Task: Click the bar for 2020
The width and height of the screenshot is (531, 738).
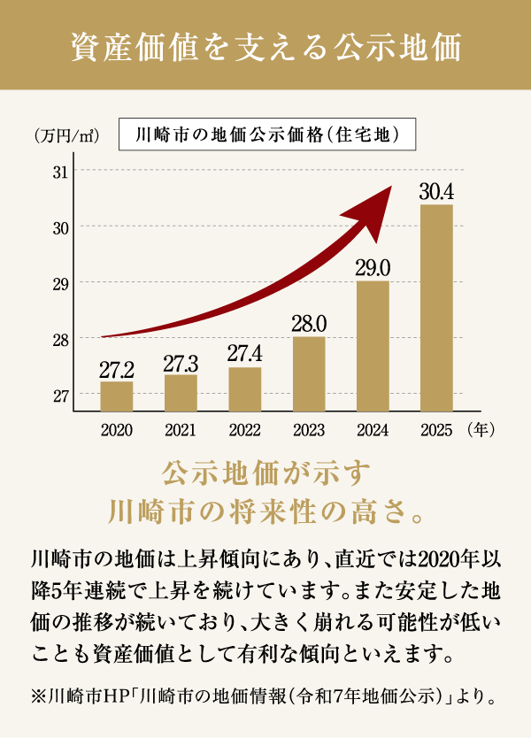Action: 117,396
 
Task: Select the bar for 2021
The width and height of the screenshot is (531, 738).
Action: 181,393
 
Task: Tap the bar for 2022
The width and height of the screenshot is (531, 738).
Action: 245,389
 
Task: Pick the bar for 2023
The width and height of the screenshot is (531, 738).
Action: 309,373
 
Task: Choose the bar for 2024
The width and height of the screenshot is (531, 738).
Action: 373,346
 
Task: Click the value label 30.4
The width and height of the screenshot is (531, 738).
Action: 436,191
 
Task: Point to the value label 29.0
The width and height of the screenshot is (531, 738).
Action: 373,267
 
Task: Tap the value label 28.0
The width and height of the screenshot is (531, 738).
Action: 309,323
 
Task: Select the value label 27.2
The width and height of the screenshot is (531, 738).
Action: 117,367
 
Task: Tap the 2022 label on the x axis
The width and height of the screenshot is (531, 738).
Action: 245,432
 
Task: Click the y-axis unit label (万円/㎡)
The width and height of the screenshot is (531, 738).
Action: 65,136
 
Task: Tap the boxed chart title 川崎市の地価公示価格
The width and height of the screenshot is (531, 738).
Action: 265,135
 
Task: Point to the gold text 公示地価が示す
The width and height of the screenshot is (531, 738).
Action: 265,470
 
